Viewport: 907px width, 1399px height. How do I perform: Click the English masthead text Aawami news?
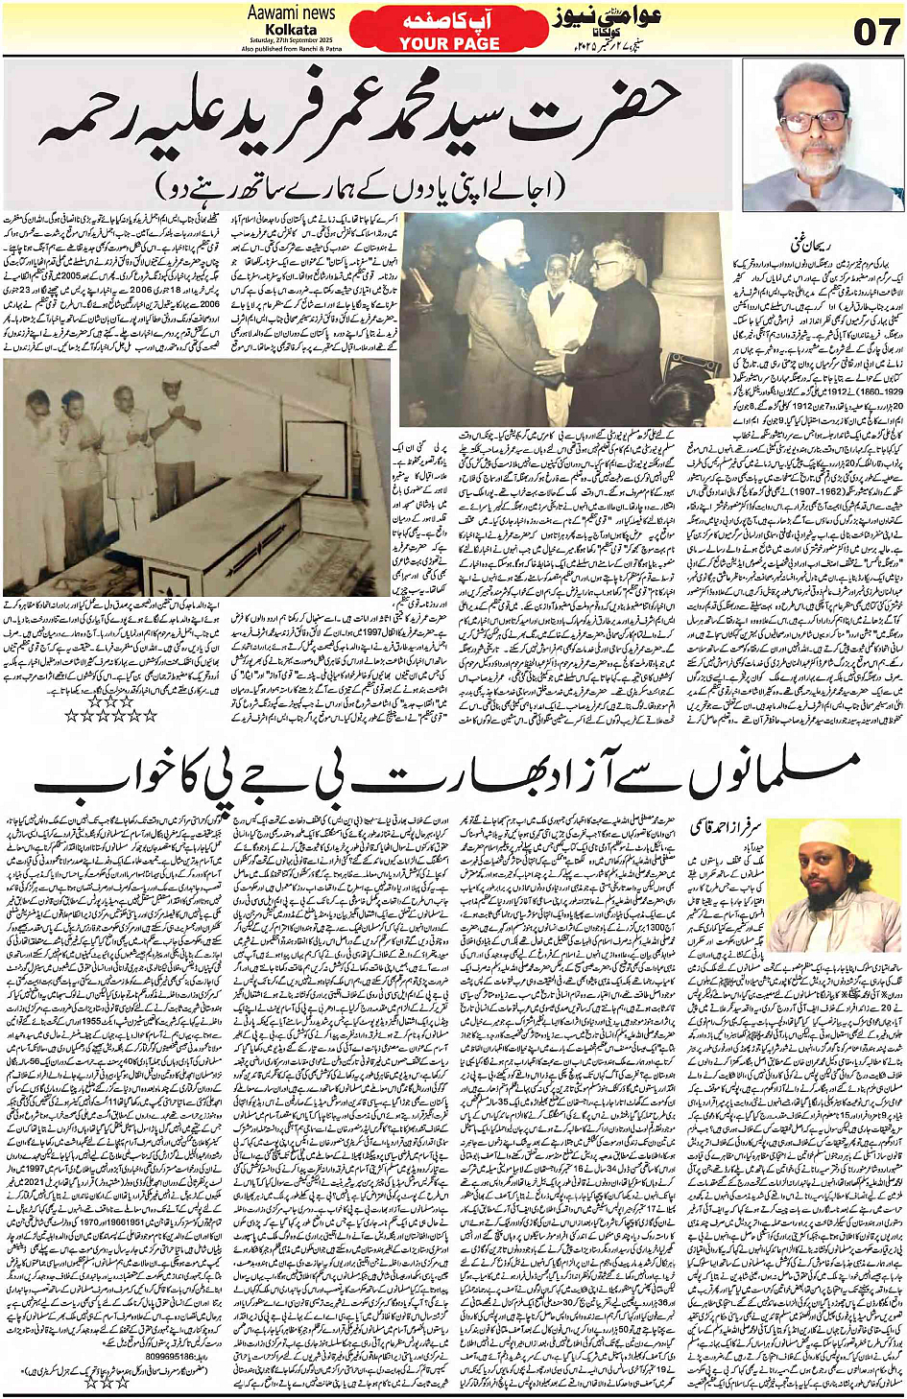pyautogui.click(x=291, y=13)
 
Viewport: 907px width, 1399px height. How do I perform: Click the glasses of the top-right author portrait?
pyautogui.click(x=815, y=122)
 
